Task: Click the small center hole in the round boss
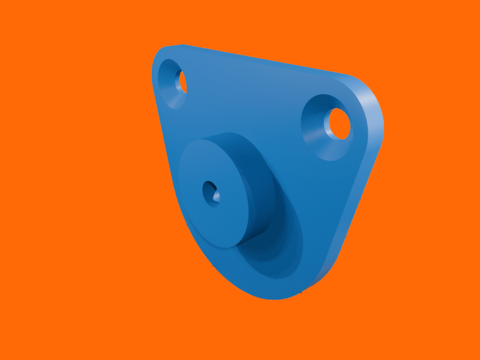[211, 193]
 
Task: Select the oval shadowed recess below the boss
[276, 252]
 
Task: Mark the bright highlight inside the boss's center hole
[216, 197]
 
